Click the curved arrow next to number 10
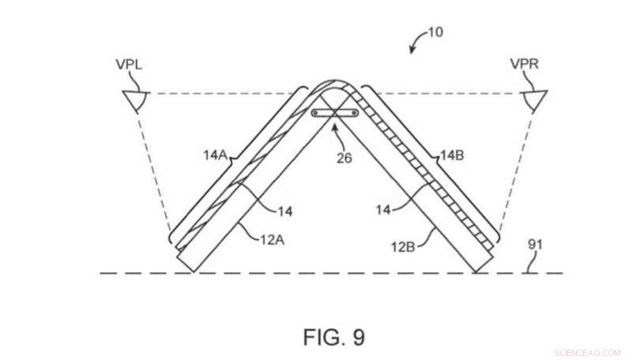click(x=414, y=44)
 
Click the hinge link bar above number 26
click(x=335, y=114)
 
